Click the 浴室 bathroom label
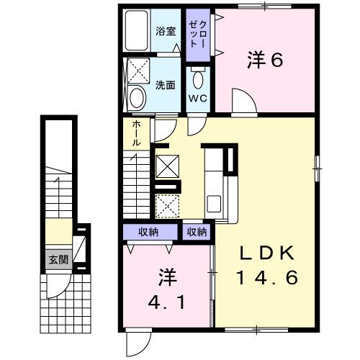pyautogui.click(x=165, y=32)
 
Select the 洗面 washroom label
pyautogui.click(x=165, y=85)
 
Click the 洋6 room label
pyautogui.click(x=266, y=61)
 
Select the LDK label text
pyautogui.click(x=267, y=253)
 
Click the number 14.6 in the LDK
pyautogui.click(x=267, y=277)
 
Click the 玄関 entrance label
pyautogui.click(x=58, y=259)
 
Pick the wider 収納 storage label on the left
pyautogui.click(x=150, y=232)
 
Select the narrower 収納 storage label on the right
pyautogui.click(x=197, y=232)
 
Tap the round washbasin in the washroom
pyautogui.click(x=136, y=99)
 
